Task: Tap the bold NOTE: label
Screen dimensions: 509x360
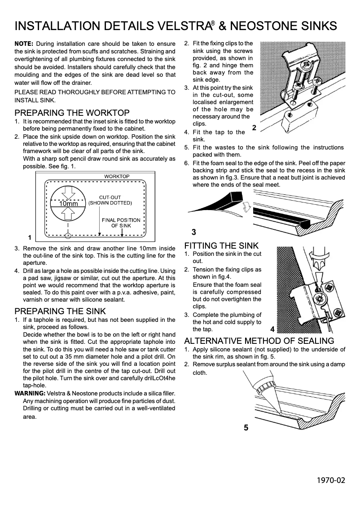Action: pyautogui.click(x=24, y=44)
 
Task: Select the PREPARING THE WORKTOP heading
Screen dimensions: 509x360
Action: pyautogui.click(x=72, y=113)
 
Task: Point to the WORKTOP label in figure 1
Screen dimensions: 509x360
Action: pyautogui.click(x=117, y=176)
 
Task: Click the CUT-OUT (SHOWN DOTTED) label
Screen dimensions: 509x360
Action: pyautogui.click(x=110, y=200)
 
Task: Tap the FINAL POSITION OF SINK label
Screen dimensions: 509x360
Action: pyautogui.click(x=121, y=223)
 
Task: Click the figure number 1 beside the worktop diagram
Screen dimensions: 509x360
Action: pyautogui.click(x=29, y=237)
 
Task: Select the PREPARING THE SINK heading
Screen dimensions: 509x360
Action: pyautogui.click(x=60, y=311)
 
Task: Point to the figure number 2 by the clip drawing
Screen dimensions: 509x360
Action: pyautogui.click(x=254, y=128)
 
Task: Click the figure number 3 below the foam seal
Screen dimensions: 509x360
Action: pyautogui.click(x=193, y=232)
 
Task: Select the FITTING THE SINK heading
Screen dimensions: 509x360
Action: pyautogui.click(x=221, y=246)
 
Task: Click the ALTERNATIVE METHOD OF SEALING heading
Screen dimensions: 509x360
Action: pyautogui.click(x=259, y=341)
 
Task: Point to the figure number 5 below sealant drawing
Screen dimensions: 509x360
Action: pyautogui.click(x=246, y=428)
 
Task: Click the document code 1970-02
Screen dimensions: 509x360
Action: pyautogui.click(x=331, y=480)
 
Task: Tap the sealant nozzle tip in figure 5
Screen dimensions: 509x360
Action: pyautogui.click(x=278, y=411)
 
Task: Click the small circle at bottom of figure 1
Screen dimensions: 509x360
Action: pyautogui.click(x=67, y=235)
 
